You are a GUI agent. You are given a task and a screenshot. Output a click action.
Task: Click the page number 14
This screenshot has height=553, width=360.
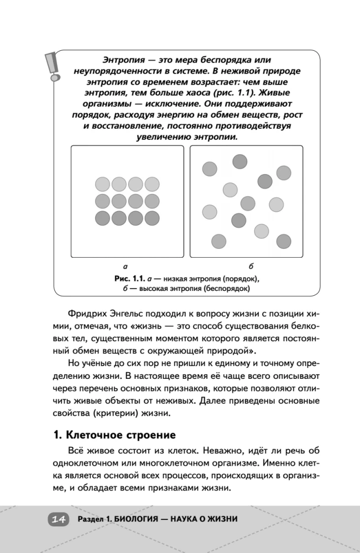tap(59, 519)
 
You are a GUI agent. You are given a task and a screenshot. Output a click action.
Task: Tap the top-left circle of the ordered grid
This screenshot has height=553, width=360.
tap(103, 184)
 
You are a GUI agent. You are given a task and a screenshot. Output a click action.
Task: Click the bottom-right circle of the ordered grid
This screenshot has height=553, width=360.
tap(153, 218)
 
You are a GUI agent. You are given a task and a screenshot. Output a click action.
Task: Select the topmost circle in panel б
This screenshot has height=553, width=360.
tap(239, 161)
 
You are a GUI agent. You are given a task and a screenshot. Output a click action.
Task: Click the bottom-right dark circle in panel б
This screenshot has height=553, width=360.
tap(284, 241)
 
